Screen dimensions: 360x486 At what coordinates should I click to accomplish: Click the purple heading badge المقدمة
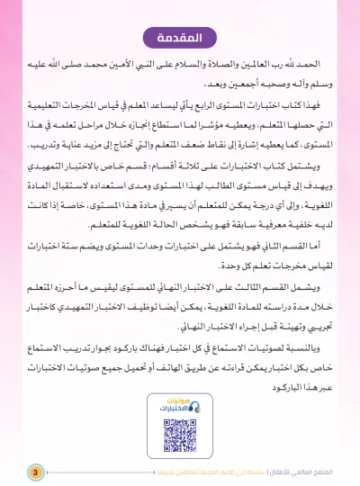tap(180, 40)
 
